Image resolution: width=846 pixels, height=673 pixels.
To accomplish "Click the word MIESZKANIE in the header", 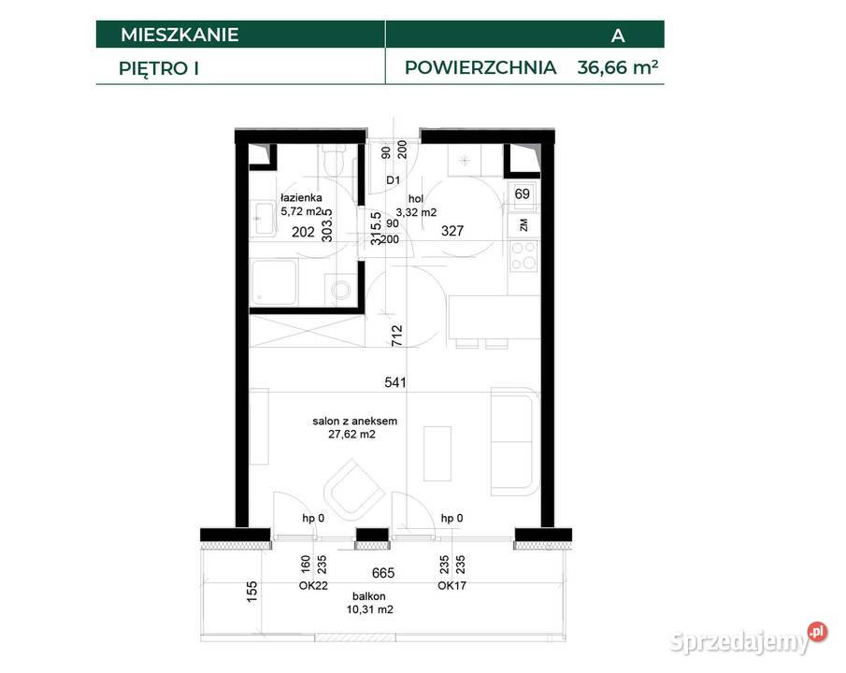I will [179, 36].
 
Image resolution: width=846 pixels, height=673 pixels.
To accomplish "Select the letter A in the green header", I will [618, 36].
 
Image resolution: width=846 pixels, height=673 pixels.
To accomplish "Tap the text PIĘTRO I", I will [159, 67].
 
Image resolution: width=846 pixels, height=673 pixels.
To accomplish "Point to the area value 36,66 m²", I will [611, 67].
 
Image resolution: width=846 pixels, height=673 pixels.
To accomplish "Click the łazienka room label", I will [302, 197].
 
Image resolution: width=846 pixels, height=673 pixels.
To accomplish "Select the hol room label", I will [416, 198].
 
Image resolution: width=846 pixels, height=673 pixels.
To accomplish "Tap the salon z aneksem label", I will [348, 422].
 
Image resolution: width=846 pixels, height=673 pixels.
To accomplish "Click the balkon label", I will [369, 595].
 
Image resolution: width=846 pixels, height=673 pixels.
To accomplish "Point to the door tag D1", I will [394, 180].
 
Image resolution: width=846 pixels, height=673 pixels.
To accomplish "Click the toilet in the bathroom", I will [330, 165].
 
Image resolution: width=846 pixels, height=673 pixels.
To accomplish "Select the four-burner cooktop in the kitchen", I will [523, 253].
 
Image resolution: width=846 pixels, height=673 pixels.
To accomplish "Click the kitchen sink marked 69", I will [523, 194].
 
